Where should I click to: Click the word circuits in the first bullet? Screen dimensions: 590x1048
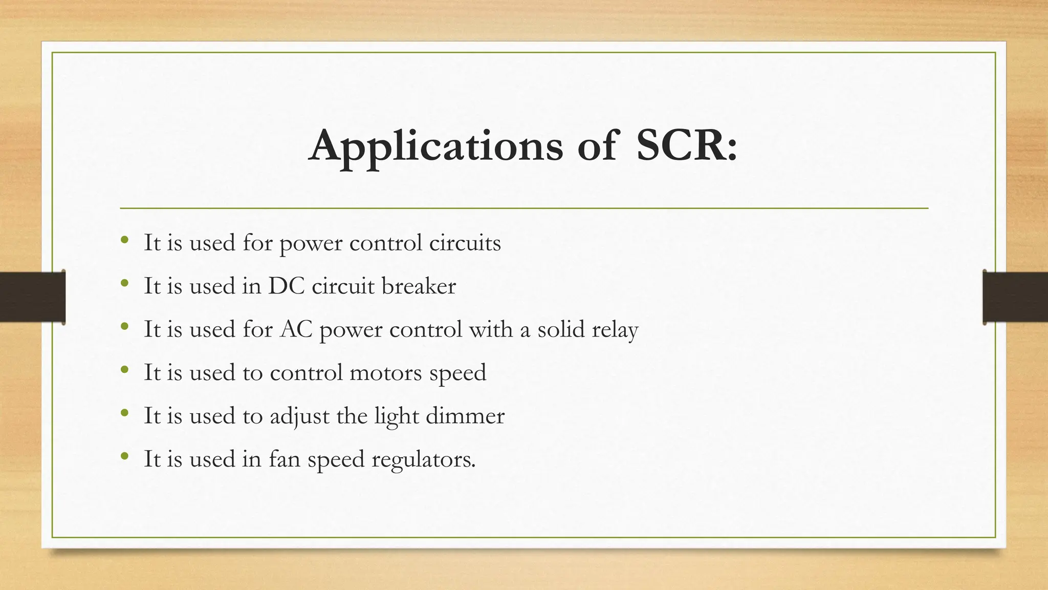465,243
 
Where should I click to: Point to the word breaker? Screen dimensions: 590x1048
419,286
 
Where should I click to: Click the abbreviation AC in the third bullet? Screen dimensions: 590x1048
296,329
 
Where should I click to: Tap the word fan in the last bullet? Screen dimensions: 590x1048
285,459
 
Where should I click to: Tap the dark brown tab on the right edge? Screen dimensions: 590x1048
1015,297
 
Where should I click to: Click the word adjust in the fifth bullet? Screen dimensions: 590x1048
299,416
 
